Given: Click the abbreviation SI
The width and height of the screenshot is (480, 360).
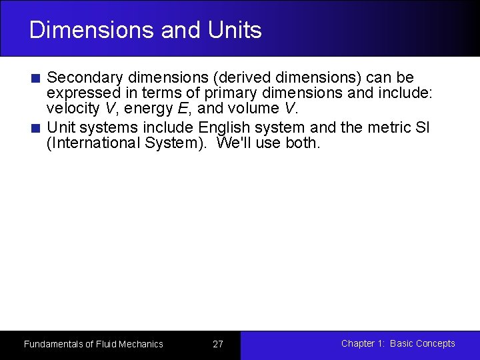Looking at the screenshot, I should click(x=422, y=127).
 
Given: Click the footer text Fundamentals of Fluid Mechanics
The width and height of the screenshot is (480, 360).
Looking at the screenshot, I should click(x=93, y=344).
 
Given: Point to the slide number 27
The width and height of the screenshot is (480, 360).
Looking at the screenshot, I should click(x=218, y=344).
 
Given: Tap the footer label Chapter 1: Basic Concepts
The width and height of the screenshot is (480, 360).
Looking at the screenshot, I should click(x=398, y=343).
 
